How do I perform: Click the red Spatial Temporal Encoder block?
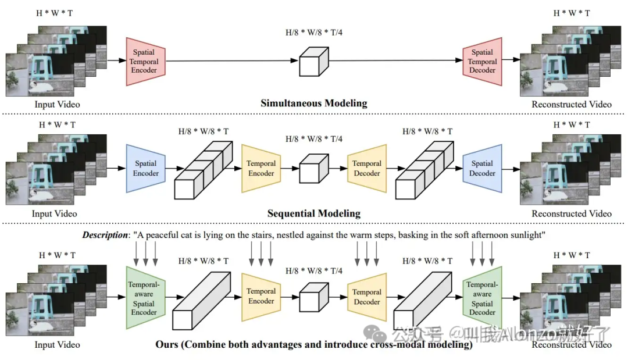point(144,61)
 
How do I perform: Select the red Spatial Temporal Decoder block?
point(482,61)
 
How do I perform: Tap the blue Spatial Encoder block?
point(145,169)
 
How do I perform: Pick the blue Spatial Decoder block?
point(482,169)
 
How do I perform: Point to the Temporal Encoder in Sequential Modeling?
point(261,169)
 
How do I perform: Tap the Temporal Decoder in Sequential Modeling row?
point(367,169)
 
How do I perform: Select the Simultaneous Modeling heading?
point(314,104)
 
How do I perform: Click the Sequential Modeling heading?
point(314,213)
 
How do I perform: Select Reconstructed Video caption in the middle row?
point(572,213)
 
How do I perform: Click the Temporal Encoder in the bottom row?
point(261,296)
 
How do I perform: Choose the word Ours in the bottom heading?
point(167,344)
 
